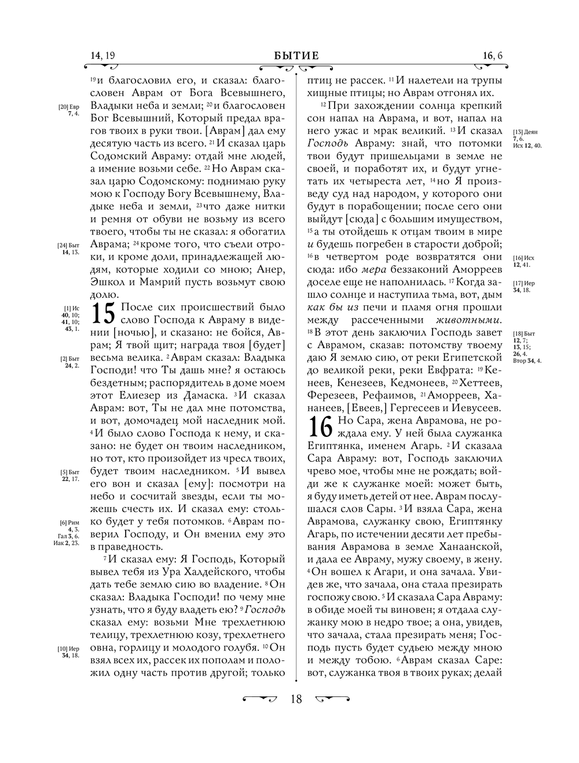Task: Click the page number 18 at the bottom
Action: click(x=296, y=699)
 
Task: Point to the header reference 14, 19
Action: click(x=103, y=56)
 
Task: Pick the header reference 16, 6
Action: click(x=492, y=56)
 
